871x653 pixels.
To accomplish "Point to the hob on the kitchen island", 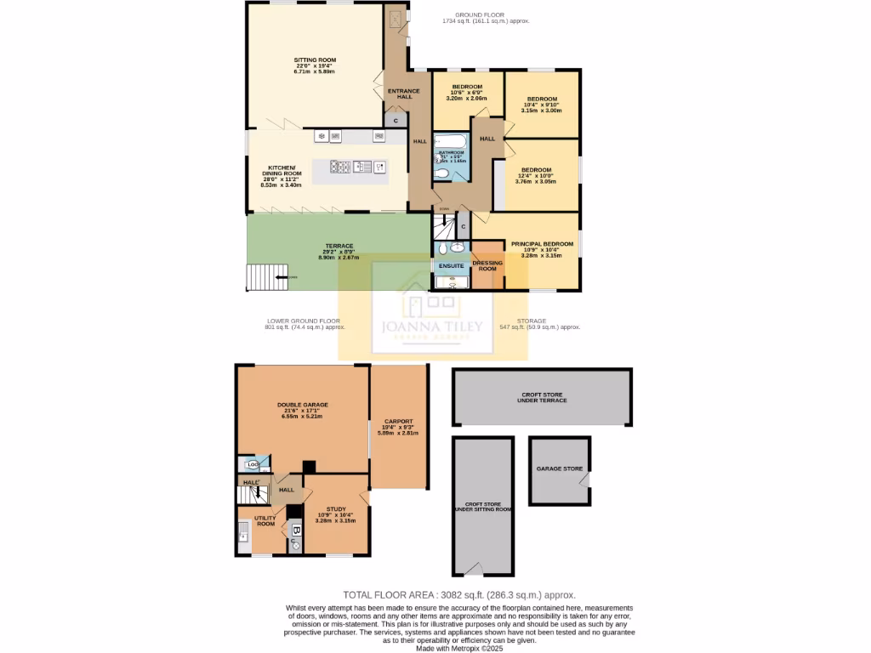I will click(x=339, y=167).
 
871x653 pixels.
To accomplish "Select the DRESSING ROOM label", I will click(x=487, y=265).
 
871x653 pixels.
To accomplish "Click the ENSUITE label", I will click(x=452, y=265).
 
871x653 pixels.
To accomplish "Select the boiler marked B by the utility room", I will click(x=295, y=530).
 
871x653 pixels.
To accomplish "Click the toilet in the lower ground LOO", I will click(x=252, y=464).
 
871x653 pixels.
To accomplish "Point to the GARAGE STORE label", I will click(x=559, y=468).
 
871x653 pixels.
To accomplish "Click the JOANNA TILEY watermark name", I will click(x=433, y=326).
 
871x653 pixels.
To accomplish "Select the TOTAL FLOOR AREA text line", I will click(x=464, y=595).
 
